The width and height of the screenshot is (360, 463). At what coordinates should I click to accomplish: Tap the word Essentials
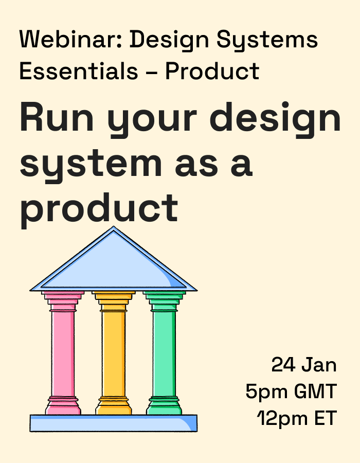79,72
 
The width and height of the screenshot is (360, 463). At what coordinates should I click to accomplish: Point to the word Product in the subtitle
212,72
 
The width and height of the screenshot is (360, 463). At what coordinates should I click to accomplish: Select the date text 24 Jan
304,365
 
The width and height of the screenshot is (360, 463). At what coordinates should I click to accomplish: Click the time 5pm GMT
291,391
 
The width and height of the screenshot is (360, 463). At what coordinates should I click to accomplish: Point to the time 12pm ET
297,418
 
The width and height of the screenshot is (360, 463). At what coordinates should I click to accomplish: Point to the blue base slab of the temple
113,423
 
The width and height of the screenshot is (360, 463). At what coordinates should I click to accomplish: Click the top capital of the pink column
63,298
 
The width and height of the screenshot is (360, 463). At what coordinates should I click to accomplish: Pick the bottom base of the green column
164,406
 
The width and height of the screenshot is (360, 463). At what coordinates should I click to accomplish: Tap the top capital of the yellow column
114,298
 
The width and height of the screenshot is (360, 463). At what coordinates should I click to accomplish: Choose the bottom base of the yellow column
114,406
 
